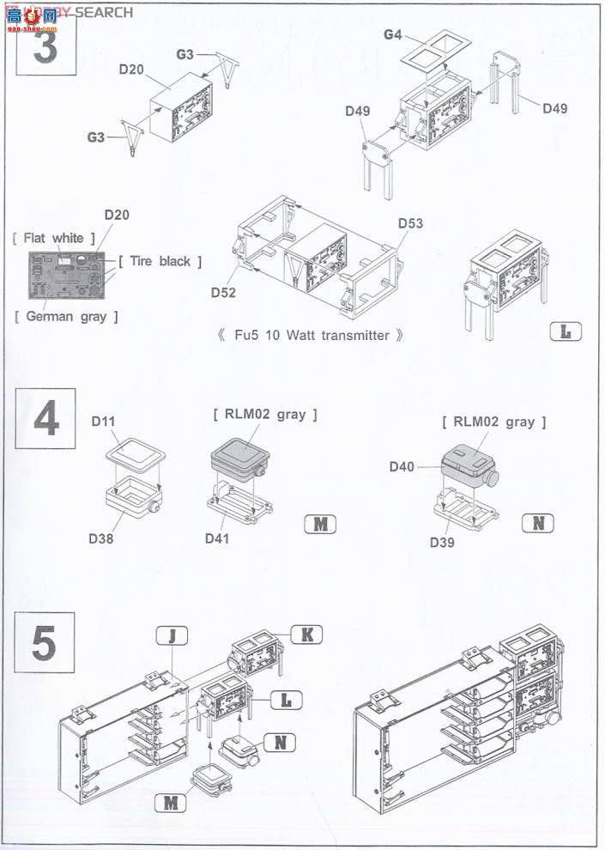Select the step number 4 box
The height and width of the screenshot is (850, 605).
coord(45,419)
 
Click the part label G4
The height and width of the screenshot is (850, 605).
coord(393,34)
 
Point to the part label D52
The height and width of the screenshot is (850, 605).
coord(223,292)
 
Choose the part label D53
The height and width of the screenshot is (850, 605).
coord(410,223)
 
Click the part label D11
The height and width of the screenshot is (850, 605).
coord(105,422)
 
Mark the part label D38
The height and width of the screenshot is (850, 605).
coord(101,539)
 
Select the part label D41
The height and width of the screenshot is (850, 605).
coord(218,538)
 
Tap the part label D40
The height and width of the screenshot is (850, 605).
coord(402,466)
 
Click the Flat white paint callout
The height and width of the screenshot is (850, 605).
coord(48,238)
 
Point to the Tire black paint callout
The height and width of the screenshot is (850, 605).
coord(160,261)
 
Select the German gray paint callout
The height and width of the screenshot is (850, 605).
coord(66,317)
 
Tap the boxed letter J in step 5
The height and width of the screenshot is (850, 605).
coord(172,636)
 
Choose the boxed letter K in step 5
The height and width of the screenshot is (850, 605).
coord(305,634)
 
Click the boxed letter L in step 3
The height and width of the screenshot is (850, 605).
coord(565,331)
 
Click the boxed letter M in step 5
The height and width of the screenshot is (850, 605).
coord(172,802)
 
